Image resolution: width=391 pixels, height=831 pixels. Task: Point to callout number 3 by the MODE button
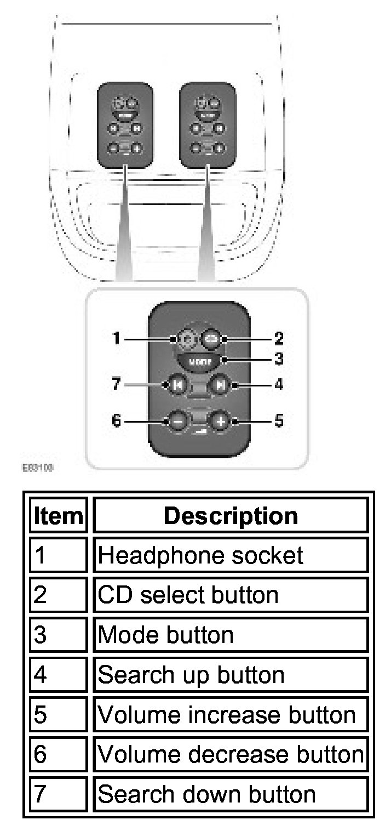(279, 360)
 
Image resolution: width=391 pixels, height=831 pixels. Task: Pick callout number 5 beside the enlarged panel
(279, 422)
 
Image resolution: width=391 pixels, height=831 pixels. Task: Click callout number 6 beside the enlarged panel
(116, 422)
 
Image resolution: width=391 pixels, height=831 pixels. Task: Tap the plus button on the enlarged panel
(219, 422)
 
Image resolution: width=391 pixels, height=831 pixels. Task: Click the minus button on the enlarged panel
(177, 422)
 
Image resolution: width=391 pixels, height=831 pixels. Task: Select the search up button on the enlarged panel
(220, 385)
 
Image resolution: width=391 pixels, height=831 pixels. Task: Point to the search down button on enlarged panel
(177, 385)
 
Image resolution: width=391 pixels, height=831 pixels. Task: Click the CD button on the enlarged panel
(211, 339)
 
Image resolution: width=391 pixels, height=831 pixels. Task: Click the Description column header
(231, 515)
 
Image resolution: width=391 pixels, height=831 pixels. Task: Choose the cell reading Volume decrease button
(231, 755)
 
